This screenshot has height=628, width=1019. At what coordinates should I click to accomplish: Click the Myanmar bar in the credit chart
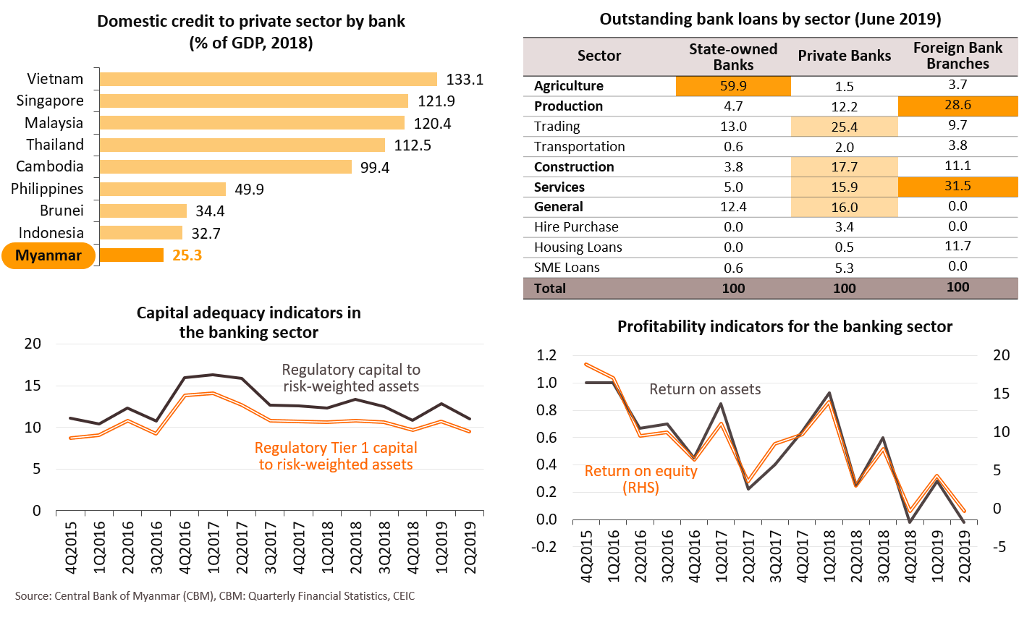point(131,255)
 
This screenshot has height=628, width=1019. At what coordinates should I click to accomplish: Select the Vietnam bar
point(268,79)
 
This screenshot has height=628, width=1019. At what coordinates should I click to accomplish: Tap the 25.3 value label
point(187,255)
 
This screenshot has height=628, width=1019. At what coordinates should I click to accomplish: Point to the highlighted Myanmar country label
point(48,256)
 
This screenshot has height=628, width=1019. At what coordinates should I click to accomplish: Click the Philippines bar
point(162,190)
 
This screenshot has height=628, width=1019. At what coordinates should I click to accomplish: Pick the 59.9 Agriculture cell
point(733,86)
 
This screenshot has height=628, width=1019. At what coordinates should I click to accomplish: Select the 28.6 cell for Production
point(957,106)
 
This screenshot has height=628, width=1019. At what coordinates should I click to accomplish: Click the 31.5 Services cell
point(957,187)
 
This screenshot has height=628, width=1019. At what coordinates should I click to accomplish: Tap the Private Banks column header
point(845,56)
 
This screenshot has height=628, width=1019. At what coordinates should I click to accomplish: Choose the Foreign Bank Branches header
point(957,56)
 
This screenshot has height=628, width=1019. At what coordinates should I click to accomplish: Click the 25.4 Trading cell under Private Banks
point(845,127)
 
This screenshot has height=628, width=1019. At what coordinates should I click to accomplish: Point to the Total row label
point(550,288)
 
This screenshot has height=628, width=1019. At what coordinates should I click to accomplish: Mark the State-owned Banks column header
point(733,56)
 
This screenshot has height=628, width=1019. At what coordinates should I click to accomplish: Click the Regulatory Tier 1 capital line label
point(336,456)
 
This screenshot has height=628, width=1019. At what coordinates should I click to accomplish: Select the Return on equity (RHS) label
point(641,479)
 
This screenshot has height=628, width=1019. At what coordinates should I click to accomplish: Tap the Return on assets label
point(705,389)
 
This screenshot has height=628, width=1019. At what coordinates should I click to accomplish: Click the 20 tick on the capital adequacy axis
point(33,344)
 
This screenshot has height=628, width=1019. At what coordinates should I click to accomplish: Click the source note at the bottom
point(215,596)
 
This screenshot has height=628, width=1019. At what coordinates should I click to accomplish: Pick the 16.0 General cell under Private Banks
point(845,208)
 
